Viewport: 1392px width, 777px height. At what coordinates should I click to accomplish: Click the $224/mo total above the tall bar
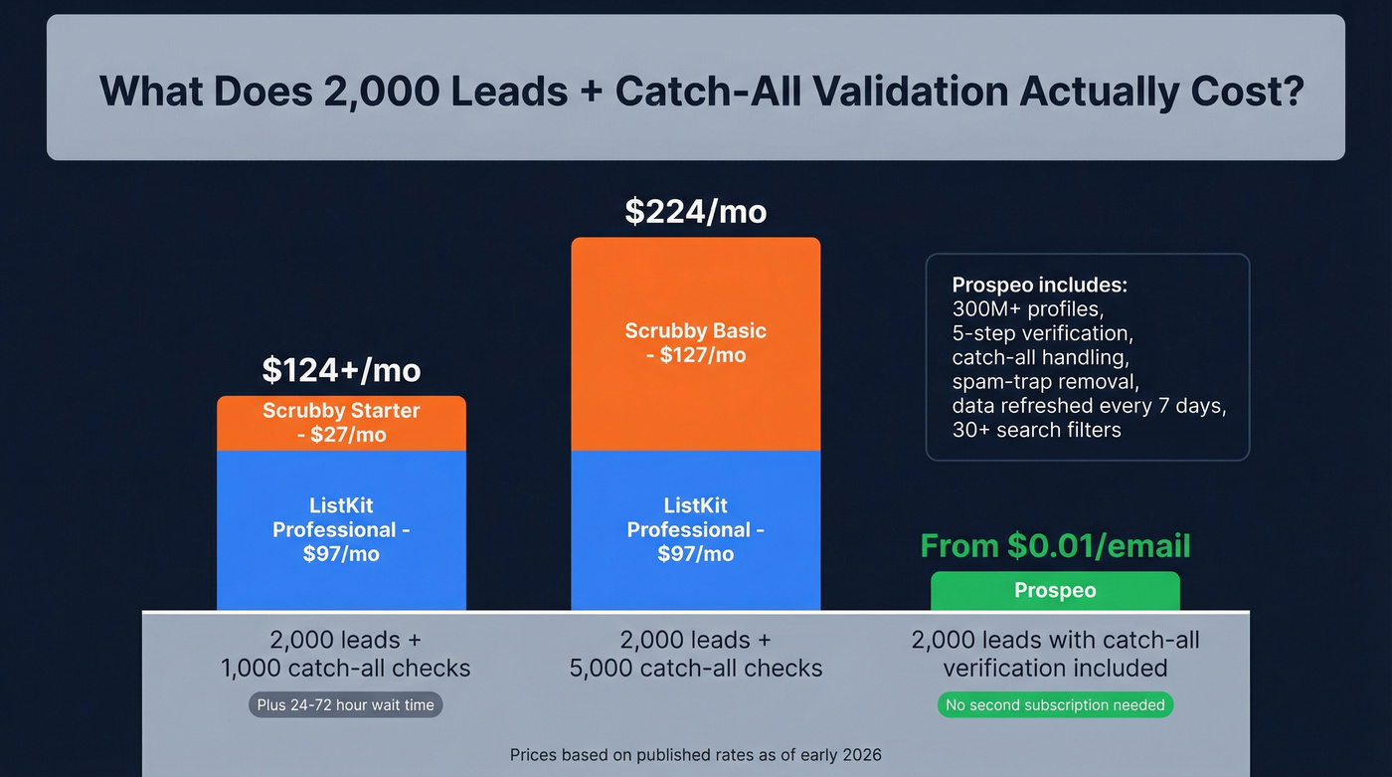pos(695,212)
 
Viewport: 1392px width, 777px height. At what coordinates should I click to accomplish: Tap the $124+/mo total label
pos(341,370)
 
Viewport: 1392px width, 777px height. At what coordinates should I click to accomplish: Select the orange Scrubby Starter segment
pos(341,423)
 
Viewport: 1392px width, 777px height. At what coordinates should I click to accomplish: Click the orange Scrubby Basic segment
pos(695,343)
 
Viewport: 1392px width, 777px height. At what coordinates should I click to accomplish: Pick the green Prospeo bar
pos(1055,591)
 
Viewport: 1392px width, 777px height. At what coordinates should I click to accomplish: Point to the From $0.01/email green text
pos(1055,545)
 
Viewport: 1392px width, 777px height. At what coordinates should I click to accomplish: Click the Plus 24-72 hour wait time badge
pos(345,704)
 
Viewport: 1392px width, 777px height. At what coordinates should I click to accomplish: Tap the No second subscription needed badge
pos(1055,704)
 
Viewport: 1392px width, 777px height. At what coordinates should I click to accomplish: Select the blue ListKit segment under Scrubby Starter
pos(341,529)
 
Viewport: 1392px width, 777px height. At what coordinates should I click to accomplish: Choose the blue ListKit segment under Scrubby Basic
pos(695,529)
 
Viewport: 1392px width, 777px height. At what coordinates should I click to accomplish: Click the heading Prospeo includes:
pos(1039,285)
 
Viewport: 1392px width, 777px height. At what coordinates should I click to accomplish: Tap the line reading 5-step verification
pos(1042,332)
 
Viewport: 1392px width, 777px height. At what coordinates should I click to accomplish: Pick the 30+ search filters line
pos(1036,430)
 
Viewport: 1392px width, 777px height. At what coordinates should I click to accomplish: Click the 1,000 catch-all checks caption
pos(345,669)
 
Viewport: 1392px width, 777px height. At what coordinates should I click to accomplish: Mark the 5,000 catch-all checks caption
pos(695,669)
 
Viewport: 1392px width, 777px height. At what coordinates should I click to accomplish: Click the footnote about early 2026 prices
pos(695,755)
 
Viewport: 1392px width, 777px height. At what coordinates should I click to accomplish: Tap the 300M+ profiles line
pos(1027,308)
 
